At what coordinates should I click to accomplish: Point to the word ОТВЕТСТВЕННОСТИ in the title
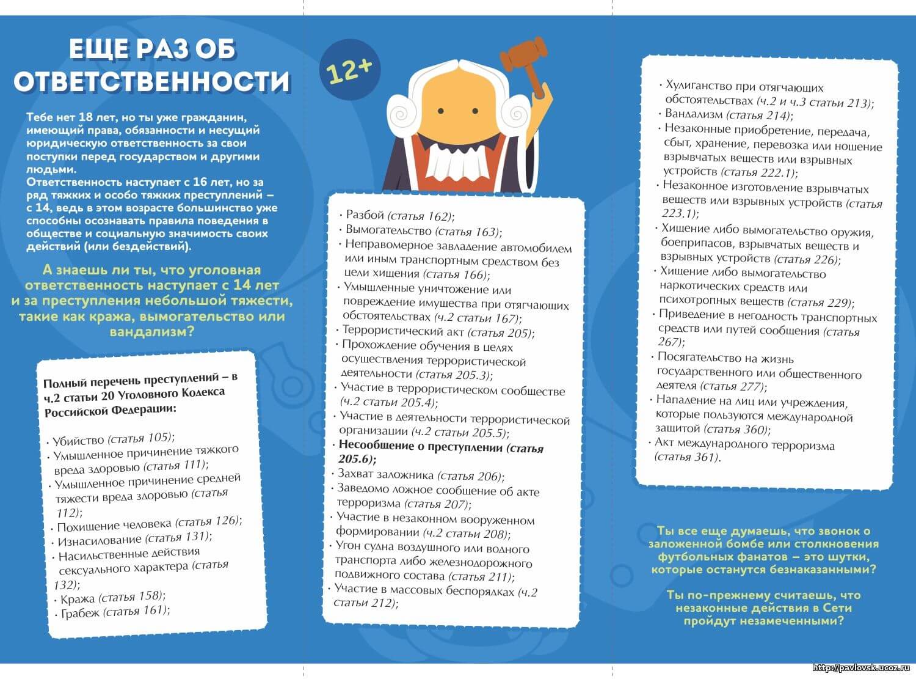151,82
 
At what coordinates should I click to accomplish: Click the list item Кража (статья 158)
113,597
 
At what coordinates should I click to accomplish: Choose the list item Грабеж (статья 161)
115,611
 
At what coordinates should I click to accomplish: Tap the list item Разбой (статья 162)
400,215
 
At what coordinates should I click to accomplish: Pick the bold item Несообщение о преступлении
440,452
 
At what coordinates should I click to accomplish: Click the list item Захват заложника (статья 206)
421,475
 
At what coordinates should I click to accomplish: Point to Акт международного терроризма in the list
744,450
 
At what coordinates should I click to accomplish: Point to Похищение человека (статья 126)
149,523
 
